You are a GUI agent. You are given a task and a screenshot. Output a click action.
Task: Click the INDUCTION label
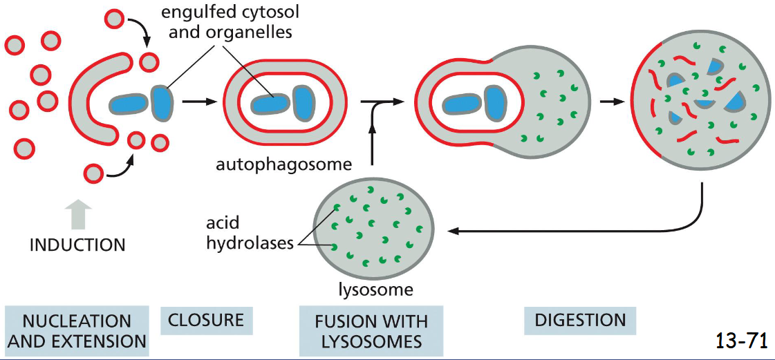click(x=77, y=245)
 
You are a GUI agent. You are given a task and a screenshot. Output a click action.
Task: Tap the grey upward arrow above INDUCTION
click(x=80, y=214)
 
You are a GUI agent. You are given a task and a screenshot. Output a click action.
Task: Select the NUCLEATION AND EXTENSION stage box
click(x=76, y=331)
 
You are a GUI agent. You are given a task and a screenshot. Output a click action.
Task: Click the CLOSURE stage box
click(x=206, y=320)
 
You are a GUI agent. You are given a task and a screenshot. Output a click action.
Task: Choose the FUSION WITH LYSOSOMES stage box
click(x=371, y=331)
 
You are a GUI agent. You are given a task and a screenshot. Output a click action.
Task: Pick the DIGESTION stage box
click(x=580, y=320)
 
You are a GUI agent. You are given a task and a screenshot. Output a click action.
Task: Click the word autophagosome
click(x=283, y=164)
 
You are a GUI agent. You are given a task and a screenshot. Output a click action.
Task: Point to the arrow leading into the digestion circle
click(x=609, y=102)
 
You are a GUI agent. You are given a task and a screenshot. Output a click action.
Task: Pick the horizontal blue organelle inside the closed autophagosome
click(x=270, y=103)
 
